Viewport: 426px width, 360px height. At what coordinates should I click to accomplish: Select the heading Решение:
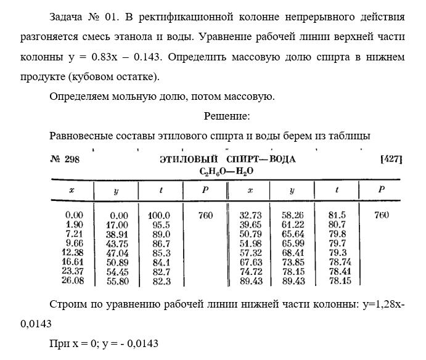[x=227, y=116]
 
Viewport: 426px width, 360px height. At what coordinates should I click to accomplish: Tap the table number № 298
[x=65, y=159]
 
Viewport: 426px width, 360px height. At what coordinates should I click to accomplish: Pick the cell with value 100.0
[x=158, y=216]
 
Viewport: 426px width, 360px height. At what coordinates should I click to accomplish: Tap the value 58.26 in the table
[x=292, y=216]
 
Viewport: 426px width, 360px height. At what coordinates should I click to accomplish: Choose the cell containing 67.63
[x=249, y=263]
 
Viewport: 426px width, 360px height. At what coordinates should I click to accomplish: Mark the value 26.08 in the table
[x=72, y=281]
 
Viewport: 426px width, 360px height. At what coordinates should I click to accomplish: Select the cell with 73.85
[x=292, y=263]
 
